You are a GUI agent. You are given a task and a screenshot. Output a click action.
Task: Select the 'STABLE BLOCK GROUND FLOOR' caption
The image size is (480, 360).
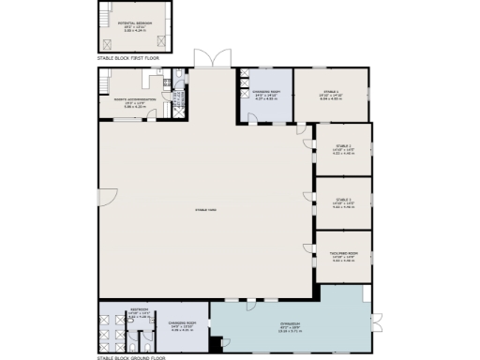(x=130, y=356)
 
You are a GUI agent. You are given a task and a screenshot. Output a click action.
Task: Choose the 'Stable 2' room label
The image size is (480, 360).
(x=343, y=147)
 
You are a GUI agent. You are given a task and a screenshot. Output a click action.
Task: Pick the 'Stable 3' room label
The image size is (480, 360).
(x=343, y=200)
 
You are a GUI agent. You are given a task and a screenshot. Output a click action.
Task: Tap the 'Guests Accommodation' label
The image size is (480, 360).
(x=131, y=100)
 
